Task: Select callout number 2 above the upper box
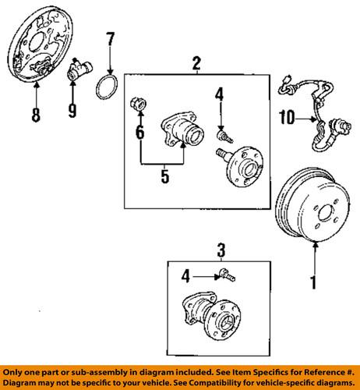[196, 63]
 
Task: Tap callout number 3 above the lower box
[221, 250]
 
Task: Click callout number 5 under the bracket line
[165, 176]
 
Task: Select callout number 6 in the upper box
[139, 133]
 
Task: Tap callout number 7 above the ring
[110, 38]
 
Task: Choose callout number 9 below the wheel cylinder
[72, 110]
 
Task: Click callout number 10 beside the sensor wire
[285, 119]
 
